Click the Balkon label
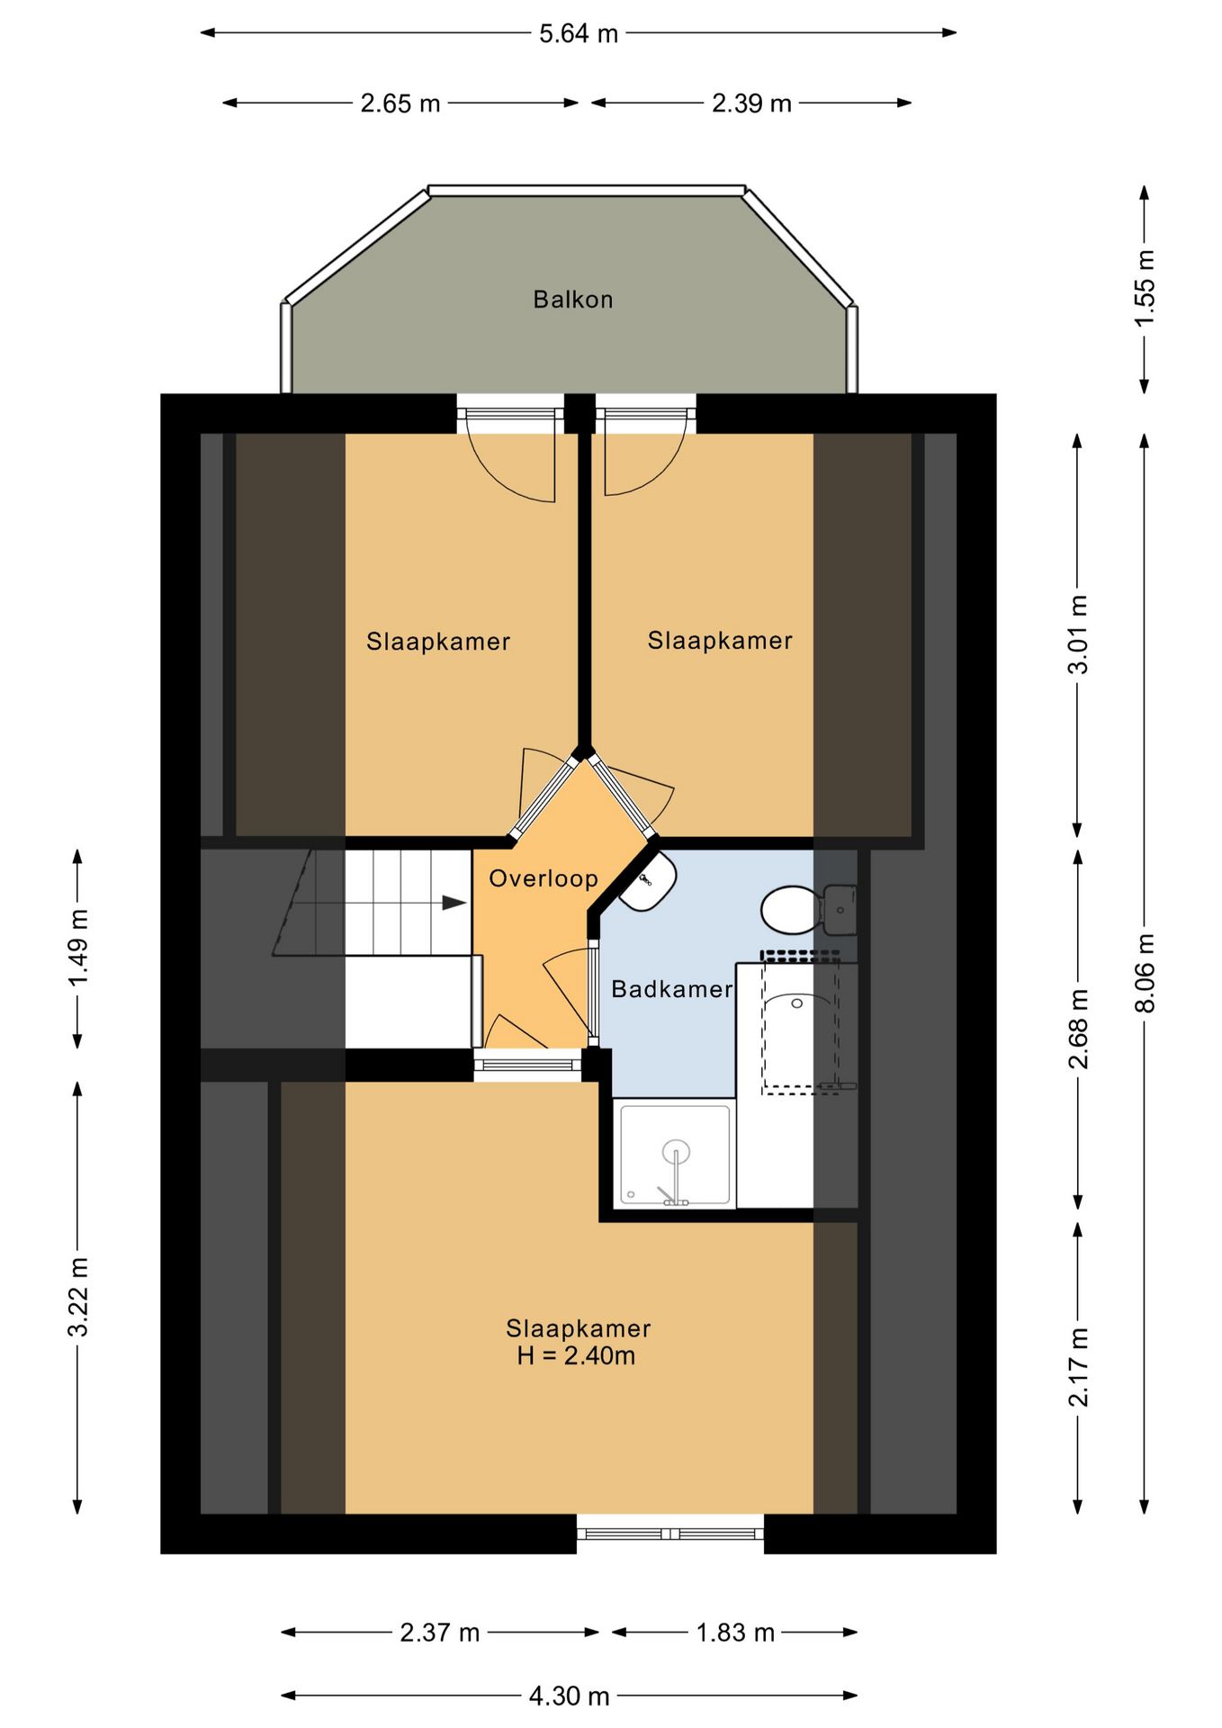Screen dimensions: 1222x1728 [x=572, y=300]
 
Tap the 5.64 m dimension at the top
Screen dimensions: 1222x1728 [x=578, y=33]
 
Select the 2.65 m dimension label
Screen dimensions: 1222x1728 [x=400, y=103]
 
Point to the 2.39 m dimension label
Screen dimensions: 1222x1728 [x=751, y=103]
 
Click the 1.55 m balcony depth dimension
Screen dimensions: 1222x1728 [x=1144, y=289]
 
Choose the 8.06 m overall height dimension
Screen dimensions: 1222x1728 [x=1144, y=973]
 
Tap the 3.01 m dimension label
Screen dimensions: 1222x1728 [x=1077, y=634]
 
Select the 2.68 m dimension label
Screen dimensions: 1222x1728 [x=1077, y=1029]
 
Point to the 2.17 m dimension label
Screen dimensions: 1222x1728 [x=1077, y=1366]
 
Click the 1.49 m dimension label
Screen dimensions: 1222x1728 [x=78, y=948]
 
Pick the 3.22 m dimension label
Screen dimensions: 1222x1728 [x=78, y=1297]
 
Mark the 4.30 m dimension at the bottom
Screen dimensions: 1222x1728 [x=569, y=1696]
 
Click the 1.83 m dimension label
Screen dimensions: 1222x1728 [x=735, y=1633]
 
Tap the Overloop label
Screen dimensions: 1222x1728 [x=544, y=878]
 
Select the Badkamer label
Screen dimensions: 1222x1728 [x=672, y=989]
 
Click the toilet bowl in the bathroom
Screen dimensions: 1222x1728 [x=790, y=910]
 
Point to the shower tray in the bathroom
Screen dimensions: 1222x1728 [x=675, y=1155]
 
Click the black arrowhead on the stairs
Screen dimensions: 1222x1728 [x=454, y=903]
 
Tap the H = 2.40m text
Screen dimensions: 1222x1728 [x=576, y=1356]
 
